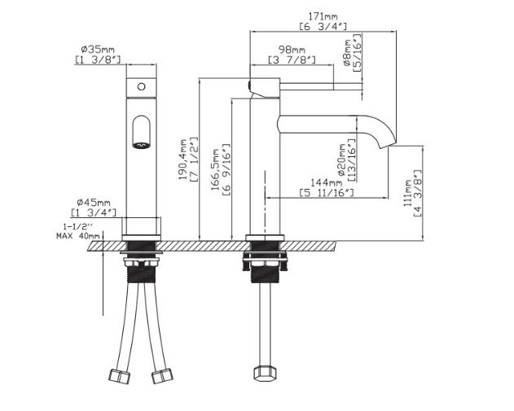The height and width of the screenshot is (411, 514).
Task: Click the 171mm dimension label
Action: coord(323,16)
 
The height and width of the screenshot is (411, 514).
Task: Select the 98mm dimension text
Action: coord(292,50)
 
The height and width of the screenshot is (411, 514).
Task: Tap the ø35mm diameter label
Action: coord(98,50)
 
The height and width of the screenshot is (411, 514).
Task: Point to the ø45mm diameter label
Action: coord(94,202)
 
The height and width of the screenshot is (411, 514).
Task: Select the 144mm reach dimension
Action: coord(326,182)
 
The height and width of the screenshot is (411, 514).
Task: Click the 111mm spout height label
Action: coord(407,193)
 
